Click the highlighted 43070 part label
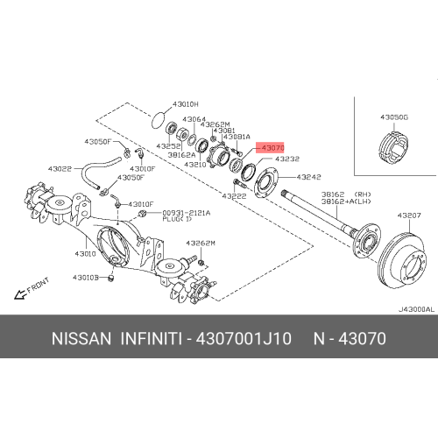click(x=272, y=148)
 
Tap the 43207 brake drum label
click(x=410, y=215)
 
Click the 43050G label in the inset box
click(x=394, y=116)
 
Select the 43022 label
click(x=60, y=168)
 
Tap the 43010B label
click(x=87, y=278)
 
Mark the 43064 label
click(x=194, y=119)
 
